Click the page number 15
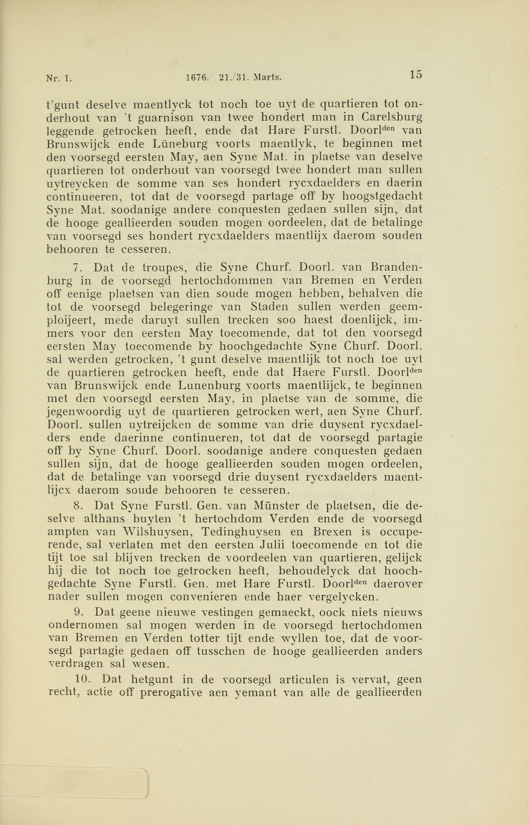tap(415, 75)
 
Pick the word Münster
tap(281, 506)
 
